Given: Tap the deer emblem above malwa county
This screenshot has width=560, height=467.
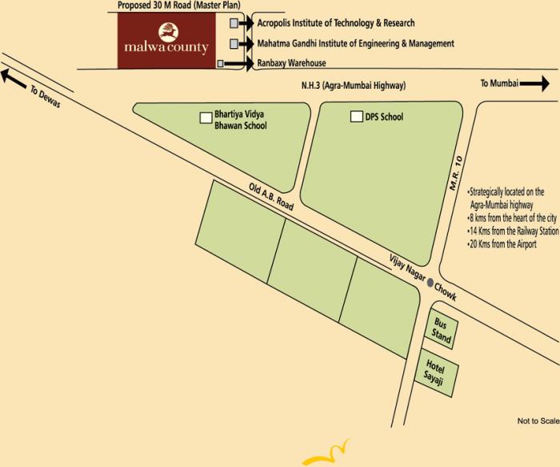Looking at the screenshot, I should pyautogui.click(x=168, y=32).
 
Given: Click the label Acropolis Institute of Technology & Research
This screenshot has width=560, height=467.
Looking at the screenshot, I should pyautogui.click(x=336, y=24).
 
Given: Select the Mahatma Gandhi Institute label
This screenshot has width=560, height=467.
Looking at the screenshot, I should pyautogui.click(x=355, y=43).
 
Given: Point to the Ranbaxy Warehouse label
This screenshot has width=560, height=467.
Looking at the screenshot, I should pyautogui.click(x=291, y=62).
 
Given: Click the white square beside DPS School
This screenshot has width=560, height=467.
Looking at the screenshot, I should pyautogui.click(x=356, y=117).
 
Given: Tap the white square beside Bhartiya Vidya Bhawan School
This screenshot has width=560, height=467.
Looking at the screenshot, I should pyautogui.click(x=206, y=117).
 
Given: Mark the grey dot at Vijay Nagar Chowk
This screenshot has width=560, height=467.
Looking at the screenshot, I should pyautogui.click(x=430, y=282).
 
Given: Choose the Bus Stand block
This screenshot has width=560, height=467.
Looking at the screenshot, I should pyautogui.click(x=442, y=328).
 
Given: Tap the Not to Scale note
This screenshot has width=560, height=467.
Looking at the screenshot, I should pyautogui.click(x=537, y=421).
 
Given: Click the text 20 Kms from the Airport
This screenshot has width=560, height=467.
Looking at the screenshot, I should pyautogui.click(x=502, y=244).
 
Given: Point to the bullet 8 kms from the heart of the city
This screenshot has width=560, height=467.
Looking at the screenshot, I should pyautogui.click(x=512, y=218).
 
